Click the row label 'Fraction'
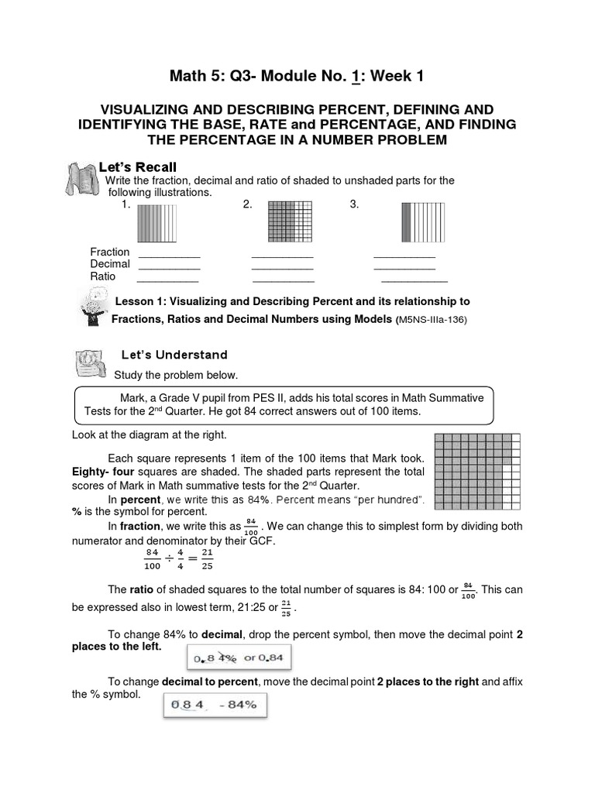109,252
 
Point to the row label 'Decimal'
109,264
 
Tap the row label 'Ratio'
102,276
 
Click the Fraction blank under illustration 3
404,256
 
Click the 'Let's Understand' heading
174,355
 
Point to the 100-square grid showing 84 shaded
477,472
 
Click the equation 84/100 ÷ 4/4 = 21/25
177,559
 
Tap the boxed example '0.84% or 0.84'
244,659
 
